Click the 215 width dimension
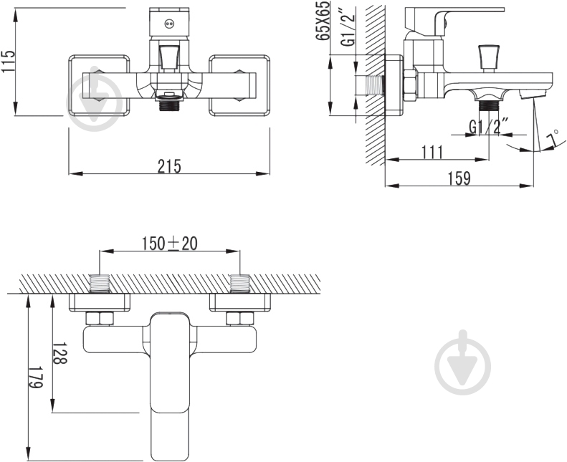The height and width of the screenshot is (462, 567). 169,166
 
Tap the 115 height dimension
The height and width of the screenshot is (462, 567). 9,61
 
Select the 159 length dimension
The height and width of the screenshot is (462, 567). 459,178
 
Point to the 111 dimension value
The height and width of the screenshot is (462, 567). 432,152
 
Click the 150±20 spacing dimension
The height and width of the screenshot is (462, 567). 169,244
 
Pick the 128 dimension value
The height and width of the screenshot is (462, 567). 60,353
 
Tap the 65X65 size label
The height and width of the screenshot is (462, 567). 323,21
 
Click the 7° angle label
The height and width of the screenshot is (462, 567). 553,140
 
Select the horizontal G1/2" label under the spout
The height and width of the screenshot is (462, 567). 489,126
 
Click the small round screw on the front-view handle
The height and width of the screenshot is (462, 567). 169,24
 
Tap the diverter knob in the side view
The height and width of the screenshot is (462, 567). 488,58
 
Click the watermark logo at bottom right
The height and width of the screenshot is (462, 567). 463,362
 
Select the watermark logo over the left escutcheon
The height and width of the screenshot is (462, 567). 95,98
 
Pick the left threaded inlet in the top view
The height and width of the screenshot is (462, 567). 100,283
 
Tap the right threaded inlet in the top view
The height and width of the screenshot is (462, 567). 240,283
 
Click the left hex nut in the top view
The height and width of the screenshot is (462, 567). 100,318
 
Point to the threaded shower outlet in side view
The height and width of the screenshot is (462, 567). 489,107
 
